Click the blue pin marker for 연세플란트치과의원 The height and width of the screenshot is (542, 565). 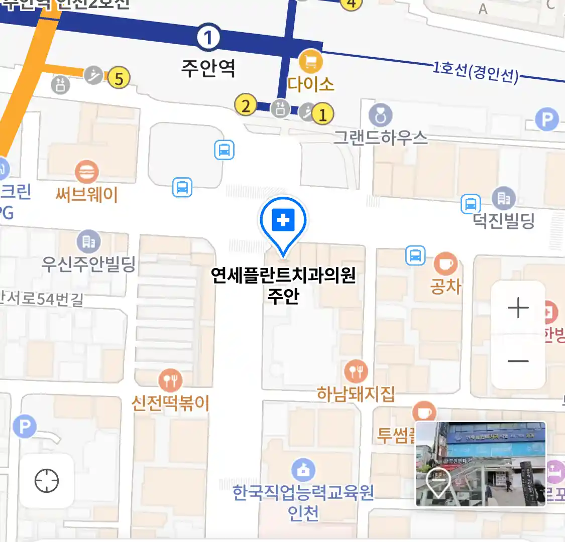tap(283, 221)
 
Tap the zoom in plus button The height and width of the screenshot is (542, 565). tap(518, 308)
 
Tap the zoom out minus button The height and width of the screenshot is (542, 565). tap(518, 361)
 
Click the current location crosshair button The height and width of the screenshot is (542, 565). tap(47, 481)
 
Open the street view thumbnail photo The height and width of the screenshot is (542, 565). tap(480, 464)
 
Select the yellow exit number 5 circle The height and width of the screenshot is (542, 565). tap(119, 78)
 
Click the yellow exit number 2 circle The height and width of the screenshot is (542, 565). tap(246, 106)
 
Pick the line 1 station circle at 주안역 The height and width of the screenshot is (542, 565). tap(208, 38)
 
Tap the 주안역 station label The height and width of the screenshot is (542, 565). tap(208, 67)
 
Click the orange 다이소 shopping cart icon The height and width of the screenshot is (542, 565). tap(310, 62)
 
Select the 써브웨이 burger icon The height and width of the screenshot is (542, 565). tap(87, 172)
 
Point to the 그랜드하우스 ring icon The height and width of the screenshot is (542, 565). tap(381, 115)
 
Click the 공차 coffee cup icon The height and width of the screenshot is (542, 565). tap(445, 264)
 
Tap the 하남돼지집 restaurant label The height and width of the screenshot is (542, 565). tap(356, 394)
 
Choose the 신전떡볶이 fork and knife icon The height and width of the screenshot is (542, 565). tap(170, 381)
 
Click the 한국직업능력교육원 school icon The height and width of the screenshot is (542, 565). tap(303, 470)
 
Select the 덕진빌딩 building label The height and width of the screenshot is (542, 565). tap(504, 220)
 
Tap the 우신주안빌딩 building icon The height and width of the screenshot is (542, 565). tap(89, 242)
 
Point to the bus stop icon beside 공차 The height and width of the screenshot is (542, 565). tap(415, 255)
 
